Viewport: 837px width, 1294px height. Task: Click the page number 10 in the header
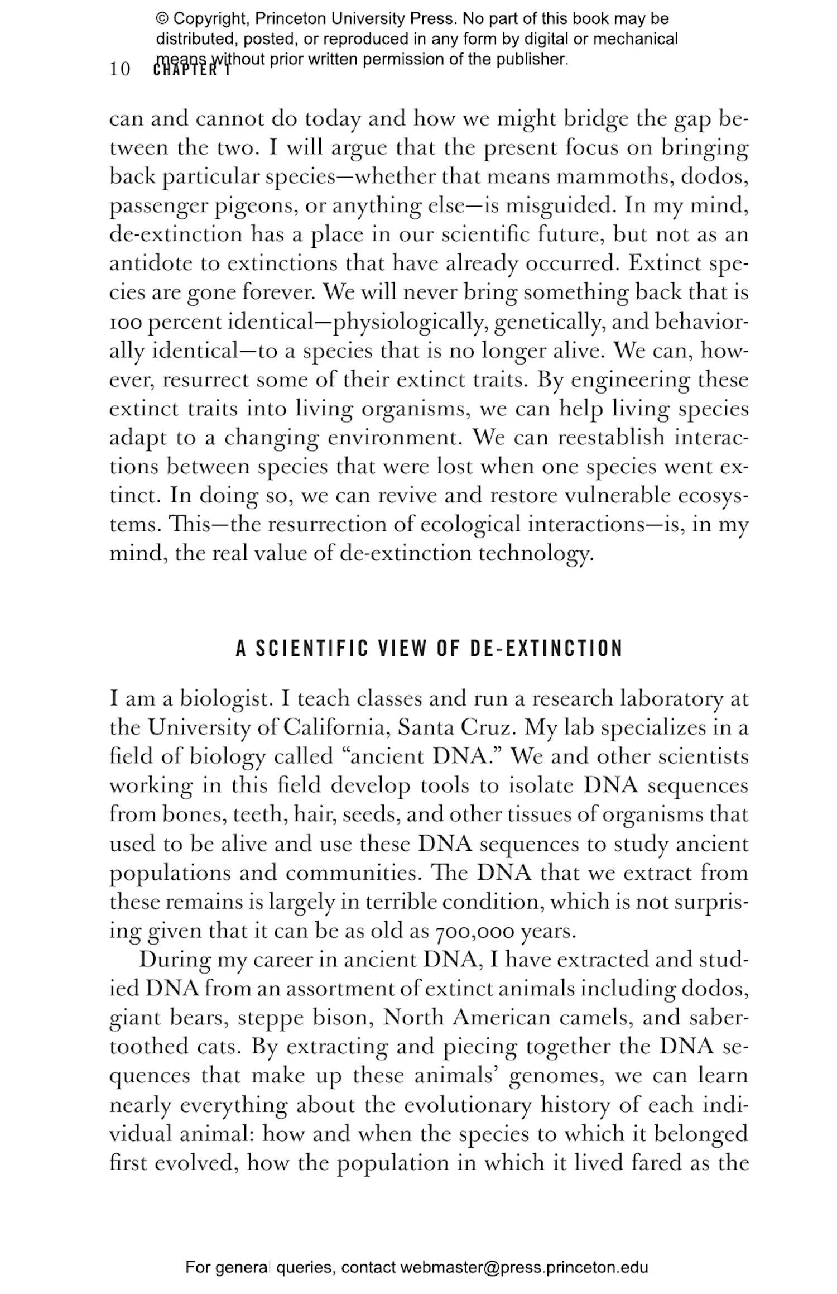tap(119, 70)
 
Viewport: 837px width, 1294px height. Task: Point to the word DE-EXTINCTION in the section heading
tap(546, 649)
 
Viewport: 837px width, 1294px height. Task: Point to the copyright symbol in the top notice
tap(162, 19)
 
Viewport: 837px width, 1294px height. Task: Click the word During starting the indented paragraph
tap(174, 960)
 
